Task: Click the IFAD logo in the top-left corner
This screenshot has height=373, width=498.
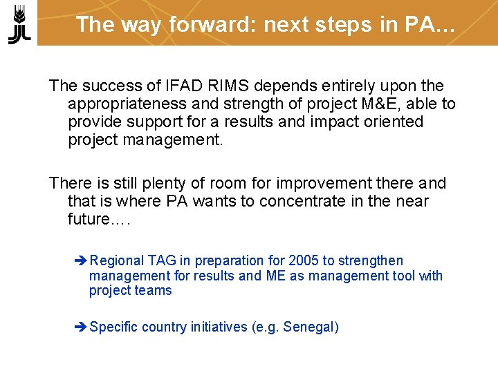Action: tap(19, 23)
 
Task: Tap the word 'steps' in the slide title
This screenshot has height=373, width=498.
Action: tap(338, 24)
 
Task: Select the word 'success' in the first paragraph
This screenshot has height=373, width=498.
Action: tap(107, 86)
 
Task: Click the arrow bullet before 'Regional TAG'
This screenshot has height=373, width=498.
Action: tap(80, 261)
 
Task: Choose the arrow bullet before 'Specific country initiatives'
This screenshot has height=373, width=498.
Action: tap(80, 327)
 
